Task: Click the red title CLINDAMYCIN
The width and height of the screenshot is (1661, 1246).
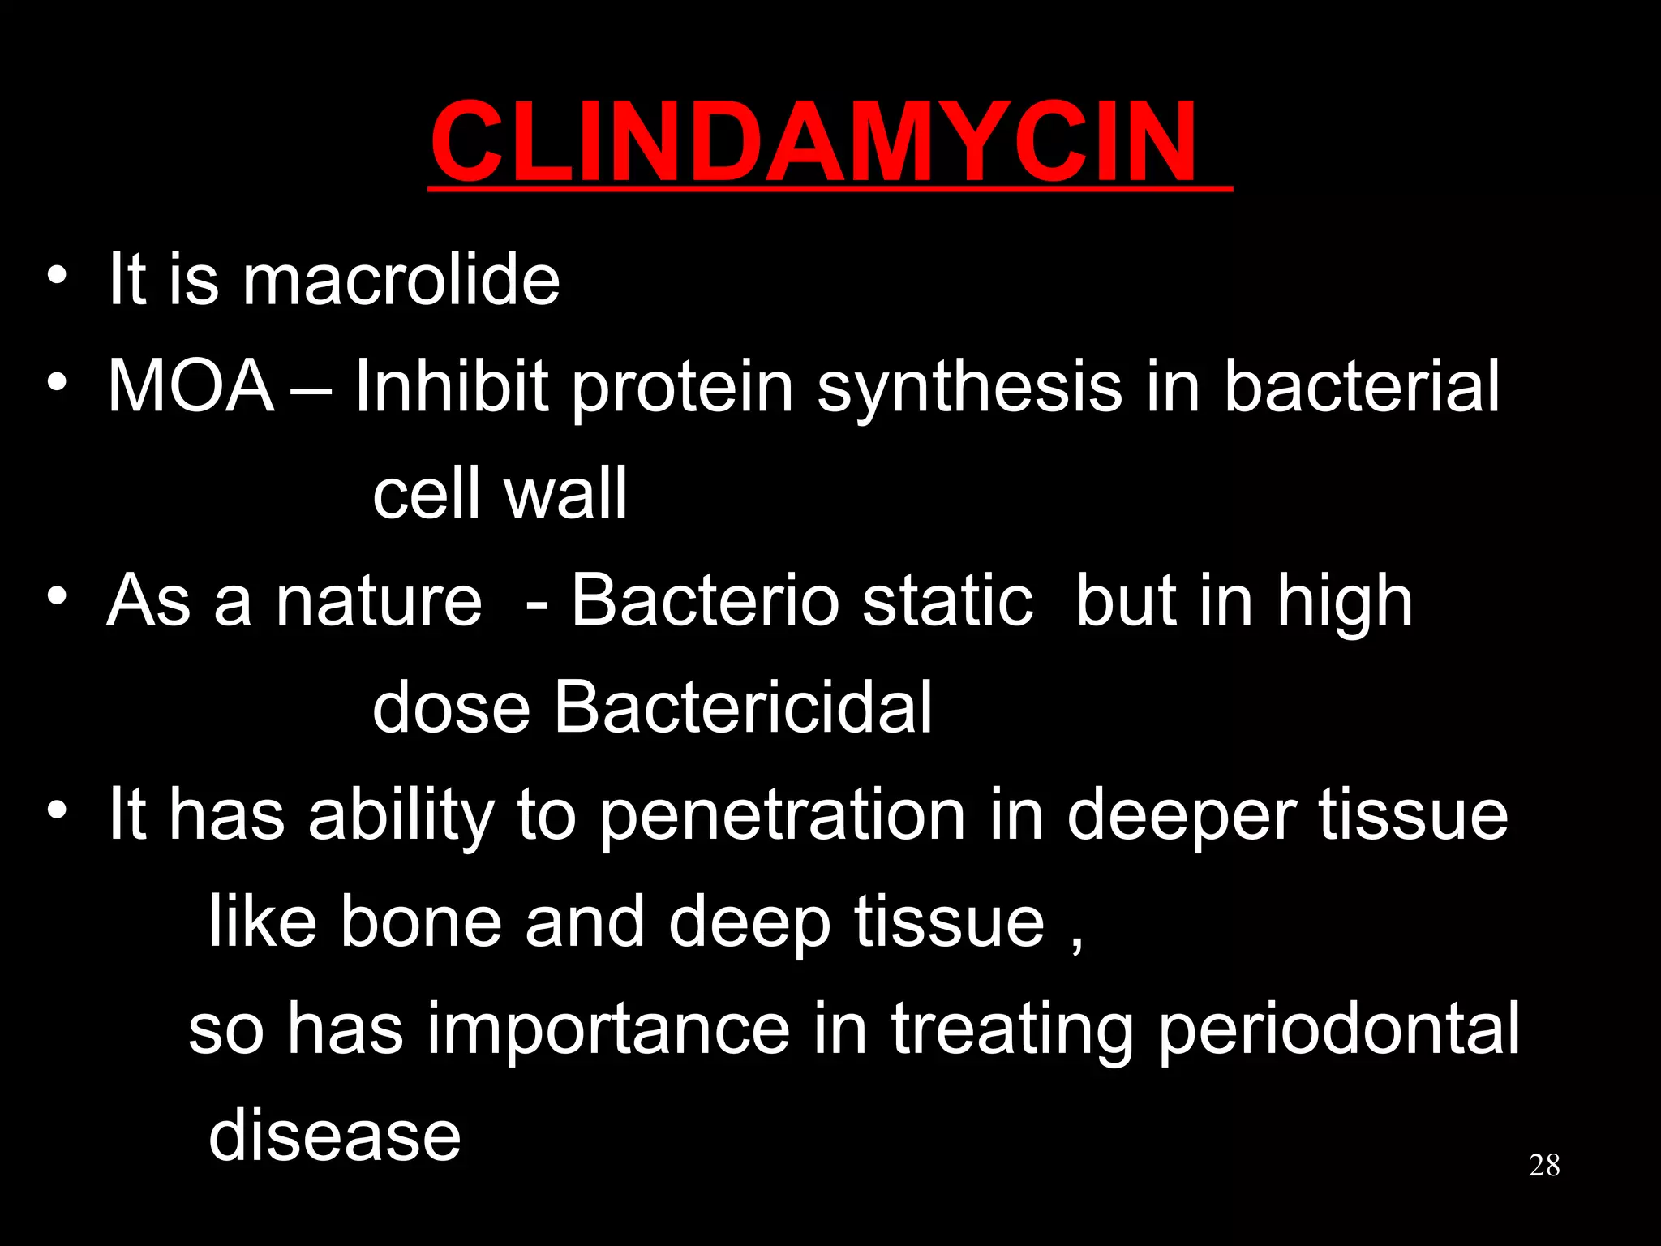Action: (x=813, y=141)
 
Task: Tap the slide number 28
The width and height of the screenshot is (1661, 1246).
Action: (x=1544, y=1166)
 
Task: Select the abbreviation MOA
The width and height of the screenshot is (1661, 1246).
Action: (x=191, y=386)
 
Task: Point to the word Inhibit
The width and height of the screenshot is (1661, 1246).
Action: (x=451, y=386)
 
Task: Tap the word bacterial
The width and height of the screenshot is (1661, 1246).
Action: (x=1361, y=386)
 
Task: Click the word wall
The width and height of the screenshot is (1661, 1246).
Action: (x=565, y=493)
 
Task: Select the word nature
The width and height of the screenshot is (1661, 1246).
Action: (x=379, y=602)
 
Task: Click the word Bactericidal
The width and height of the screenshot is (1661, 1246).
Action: (x=743, y=707)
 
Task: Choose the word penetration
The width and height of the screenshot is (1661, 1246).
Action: (x=783, y=816)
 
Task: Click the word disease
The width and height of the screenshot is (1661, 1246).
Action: (x=335, y=1136)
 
